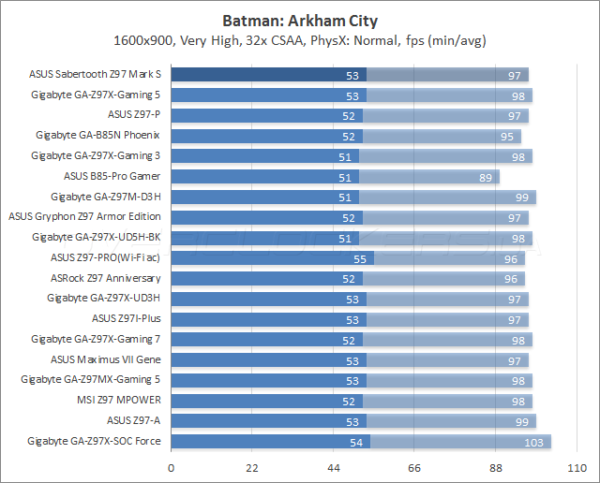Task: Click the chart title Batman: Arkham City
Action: [299, 20]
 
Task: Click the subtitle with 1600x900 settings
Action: [299, 40]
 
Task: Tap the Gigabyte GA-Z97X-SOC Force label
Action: [94, 440]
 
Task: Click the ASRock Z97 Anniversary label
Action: [105, 278]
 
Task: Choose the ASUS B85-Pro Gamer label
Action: [112, 176]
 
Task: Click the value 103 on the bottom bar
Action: [533, 441]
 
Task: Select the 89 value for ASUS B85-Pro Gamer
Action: [485, 177]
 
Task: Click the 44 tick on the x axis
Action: [333, 468]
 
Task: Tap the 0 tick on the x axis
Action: [171, 468]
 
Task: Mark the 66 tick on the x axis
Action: [414, 468]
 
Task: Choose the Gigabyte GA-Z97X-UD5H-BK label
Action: [96, 238]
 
